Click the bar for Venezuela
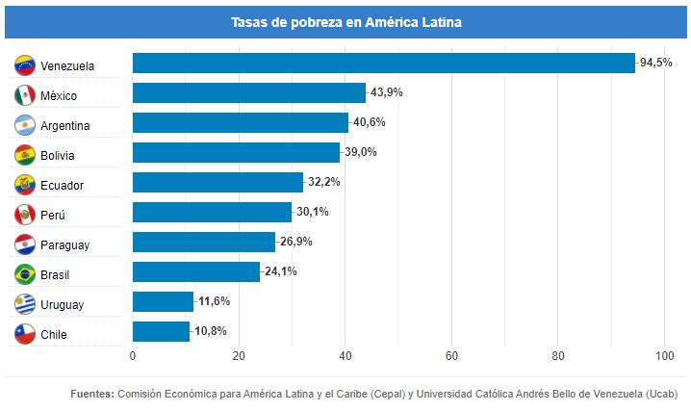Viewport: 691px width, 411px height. coord(383,63)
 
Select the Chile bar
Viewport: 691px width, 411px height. coord(161,332)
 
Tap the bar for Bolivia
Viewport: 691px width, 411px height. coord(236,152)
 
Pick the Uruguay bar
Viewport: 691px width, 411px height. coord(163,302)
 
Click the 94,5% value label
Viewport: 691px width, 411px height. coord(656,63)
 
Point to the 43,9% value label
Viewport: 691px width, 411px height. coord(387,92)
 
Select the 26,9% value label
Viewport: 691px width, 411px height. coord(296,242)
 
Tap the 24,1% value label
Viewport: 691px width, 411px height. coord(281,271)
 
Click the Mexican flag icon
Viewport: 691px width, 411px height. coord(26,95)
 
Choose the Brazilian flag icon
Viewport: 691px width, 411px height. coord(26,274)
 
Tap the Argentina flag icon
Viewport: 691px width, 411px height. coord(26,125)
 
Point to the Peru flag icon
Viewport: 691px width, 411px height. coord(26,215)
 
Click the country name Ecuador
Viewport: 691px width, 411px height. coord(63,185)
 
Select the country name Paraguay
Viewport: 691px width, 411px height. coord(65,244)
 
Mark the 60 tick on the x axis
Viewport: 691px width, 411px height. coord(451,357)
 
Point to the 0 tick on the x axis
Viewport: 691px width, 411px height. coord(133,357)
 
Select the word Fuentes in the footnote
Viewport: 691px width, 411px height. coord(92,394)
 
